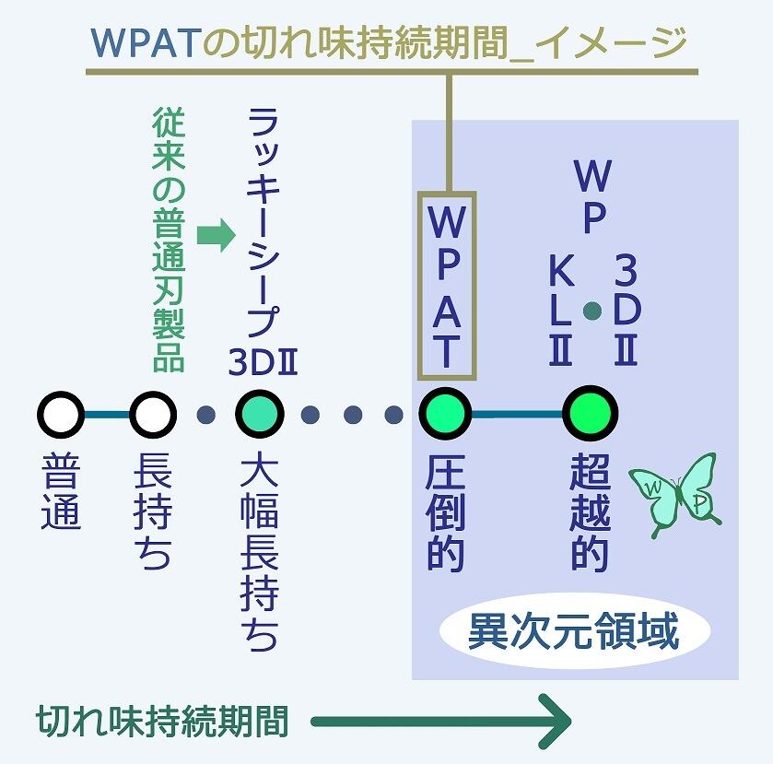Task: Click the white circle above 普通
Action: [61, 415]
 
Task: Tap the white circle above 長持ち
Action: [151, 415]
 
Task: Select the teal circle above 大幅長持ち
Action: [260, 415]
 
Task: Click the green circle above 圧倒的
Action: [446, 415]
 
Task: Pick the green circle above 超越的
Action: [590, 415]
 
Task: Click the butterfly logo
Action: [674, 495]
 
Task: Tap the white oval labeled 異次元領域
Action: [574, 633]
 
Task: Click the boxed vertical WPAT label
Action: [447, 286]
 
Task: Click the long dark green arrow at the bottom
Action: [442, 721]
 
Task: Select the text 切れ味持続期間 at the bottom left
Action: [162, 721]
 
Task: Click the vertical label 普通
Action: [62, 494]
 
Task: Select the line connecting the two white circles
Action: [106, 415]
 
